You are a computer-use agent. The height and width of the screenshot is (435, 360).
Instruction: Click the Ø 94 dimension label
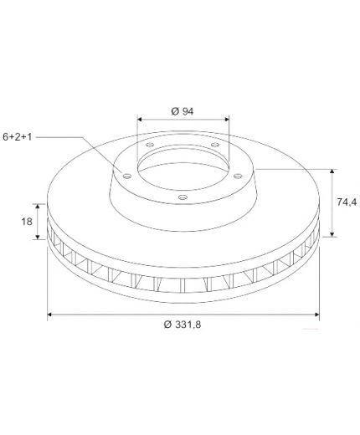click(x=183, y=111)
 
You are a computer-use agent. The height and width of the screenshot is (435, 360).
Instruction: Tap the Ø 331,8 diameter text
click(x=183, y=325)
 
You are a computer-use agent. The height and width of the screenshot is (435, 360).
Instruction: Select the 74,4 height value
click(x=347, y=202)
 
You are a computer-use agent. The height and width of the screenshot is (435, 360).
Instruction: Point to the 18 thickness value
click(x=27, y=222)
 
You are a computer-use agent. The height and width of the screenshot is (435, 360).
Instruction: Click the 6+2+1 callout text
click(x=18, y=137)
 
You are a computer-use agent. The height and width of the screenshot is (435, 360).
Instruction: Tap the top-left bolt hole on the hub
click(x=150, y=145)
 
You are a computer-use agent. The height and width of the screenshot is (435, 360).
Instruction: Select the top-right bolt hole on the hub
click(x=214, y=145)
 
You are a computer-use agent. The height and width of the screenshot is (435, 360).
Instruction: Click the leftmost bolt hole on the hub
click(x=127, y=176)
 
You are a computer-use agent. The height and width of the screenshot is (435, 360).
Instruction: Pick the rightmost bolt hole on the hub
click(x=238, y=176)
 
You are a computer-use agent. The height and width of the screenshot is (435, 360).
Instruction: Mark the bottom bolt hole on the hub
click(x=183, y=197)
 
